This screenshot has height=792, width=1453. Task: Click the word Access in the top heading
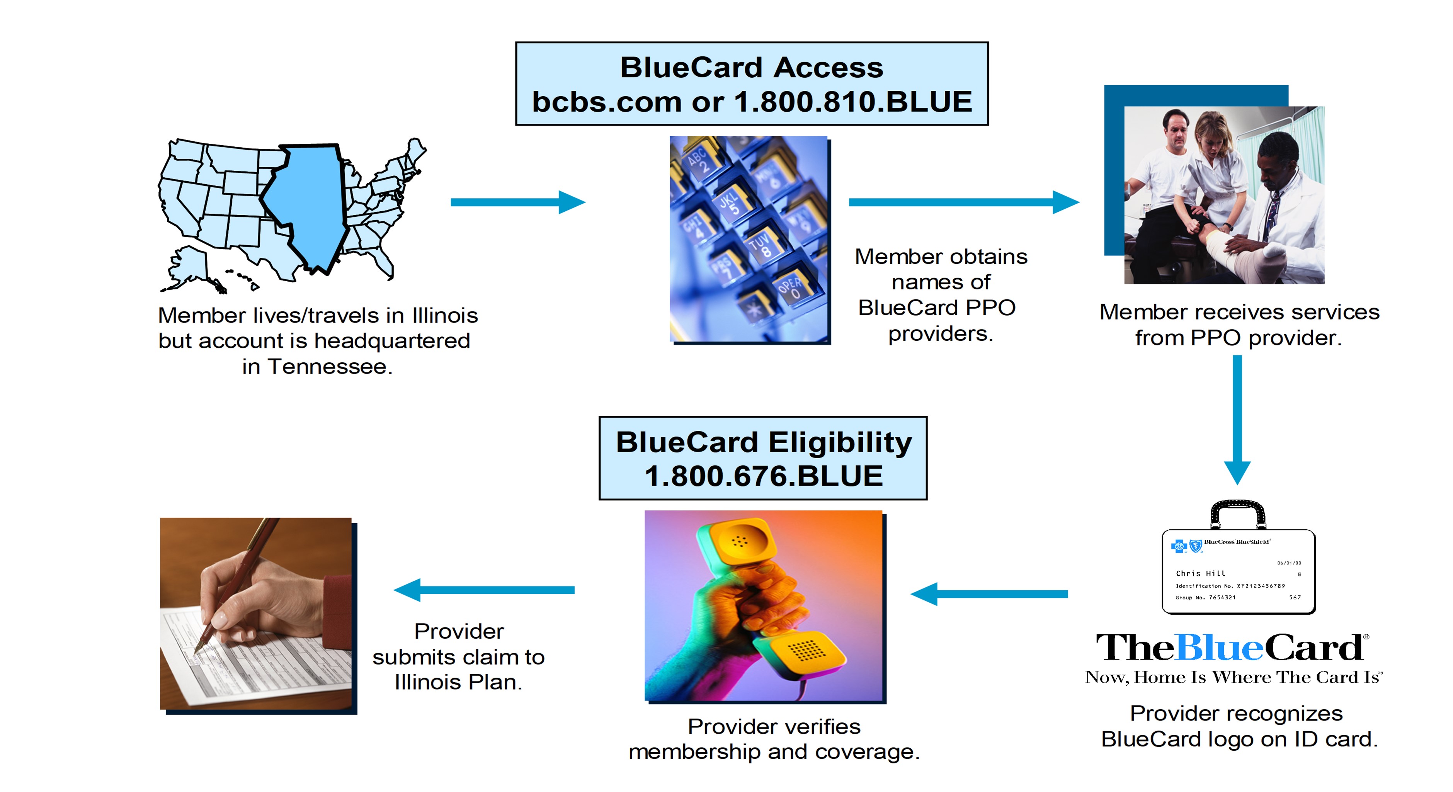tap(828, 68)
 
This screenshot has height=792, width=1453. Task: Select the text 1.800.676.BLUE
tap(763, 476)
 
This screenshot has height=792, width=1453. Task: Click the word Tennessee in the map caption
tap(330, 367)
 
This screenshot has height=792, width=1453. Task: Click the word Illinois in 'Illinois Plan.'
tap(428, 683)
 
